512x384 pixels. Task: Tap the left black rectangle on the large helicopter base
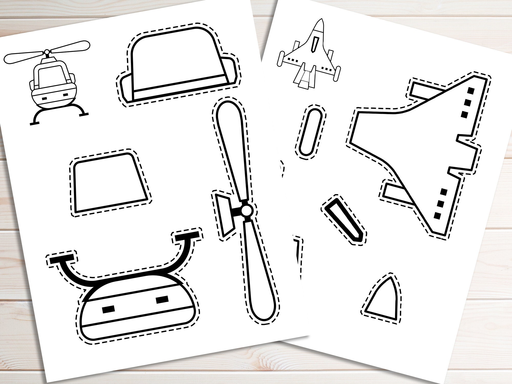(x=108, y=310)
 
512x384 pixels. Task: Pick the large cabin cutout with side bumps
(x=177, y=67)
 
